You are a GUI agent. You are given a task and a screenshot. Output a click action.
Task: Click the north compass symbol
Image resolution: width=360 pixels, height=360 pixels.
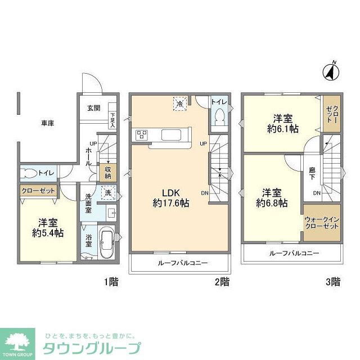pos(331,71)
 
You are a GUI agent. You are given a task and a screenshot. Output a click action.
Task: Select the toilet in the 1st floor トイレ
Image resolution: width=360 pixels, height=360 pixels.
pos(30,173)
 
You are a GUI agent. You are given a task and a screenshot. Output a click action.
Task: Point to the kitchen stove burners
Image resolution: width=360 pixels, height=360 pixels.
pos(141,135)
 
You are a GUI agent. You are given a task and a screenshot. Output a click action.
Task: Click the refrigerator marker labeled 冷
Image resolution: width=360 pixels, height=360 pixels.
pos(180,104)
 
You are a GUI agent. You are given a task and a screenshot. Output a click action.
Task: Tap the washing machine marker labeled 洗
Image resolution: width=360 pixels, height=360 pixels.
pos(107,192)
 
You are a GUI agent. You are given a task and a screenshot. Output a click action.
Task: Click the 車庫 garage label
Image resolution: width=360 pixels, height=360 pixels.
pos(47,123)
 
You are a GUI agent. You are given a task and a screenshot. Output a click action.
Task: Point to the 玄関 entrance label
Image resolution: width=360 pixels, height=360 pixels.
pos(93,109)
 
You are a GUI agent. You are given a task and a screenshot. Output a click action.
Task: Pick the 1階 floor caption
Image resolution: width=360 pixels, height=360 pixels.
pos(111,282)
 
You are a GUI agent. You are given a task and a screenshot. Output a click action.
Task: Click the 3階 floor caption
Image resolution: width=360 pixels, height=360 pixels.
pos(332,282)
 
